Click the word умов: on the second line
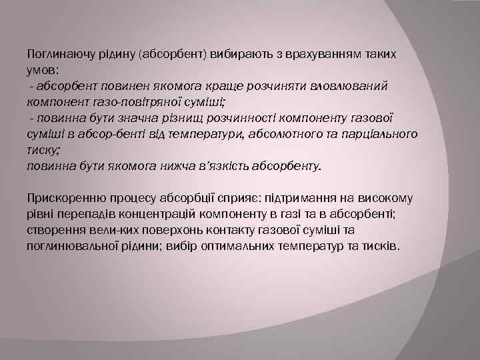pyautogui.click(x=43, y=70)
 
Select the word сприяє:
pyautogui.click(x=230, y=198)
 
